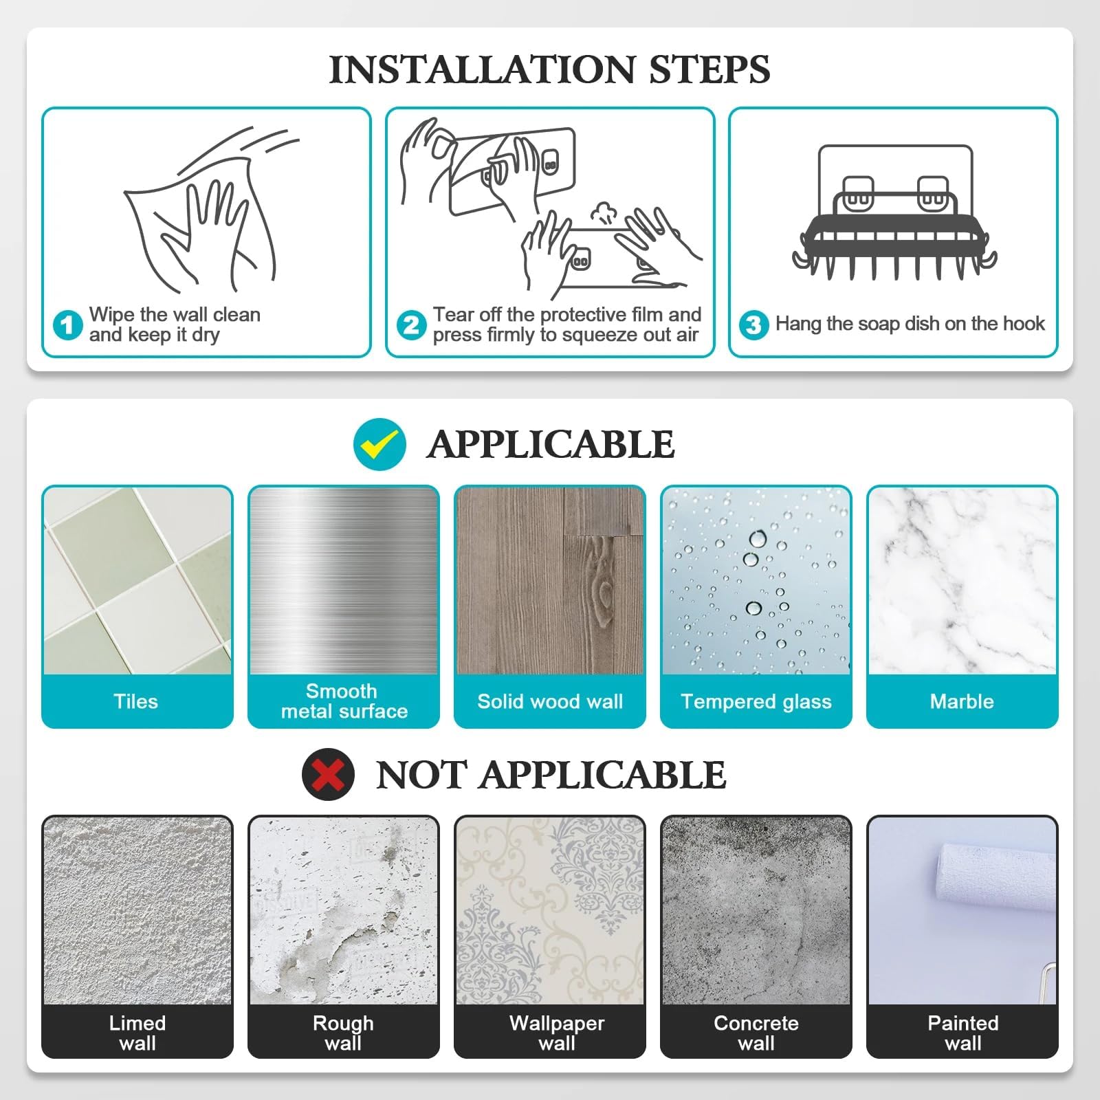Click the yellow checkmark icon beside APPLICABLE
tap(379, 444)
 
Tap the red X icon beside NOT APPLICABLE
tap(328, 774)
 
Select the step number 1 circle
tap(68, 324)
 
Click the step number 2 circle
tap(412, 324)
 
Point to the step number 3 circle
tap(754, 324)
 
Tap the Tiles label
tap(136, 701)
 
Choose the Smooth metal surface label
tap(344, 701)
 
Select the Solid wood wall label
tap(550, 701)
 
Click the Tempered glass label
tap(756, 702)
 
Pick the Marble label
tap(962, 701)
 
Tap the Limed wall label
tap(137, 1033)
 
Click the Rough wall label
tap(343, 1033)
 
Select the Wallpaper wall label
tap(557, 1033)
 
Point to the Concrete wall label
tap(756, 1033)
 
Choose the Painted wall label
tap(963, 1033)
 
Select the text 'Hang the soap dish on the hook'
tap(910, 324)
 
